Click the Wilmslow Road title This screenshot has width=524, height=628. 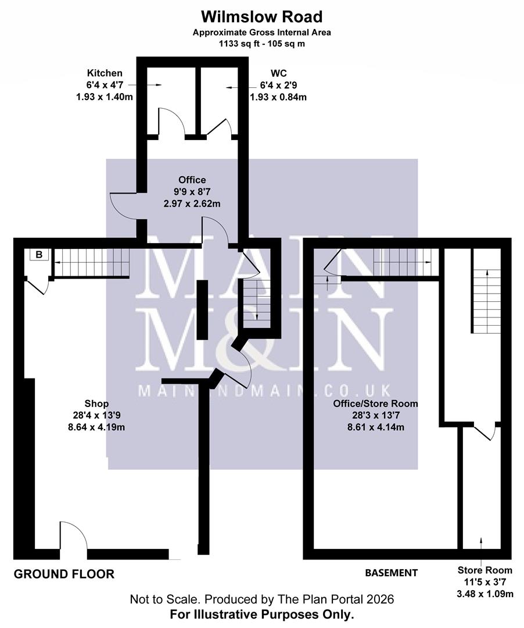click(261, 16)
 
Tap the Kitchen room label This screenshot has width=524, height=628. click(105, 73)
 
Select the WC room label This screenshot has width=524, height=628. click(278, 73)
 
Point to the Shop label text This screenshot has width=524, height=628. click(96, 404)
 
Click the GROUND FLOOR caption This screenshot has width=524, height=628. click(64, 575)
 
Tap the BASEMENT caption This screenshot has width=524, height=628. click(391, 573)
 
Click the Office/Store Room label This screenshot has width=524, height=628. click(375, 403)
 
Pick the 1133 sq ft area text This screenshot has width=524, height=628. click(261, 44)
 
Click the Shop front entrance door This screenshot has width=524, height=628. click(73, 535)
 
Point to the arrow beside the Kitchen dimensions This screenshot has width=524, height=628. click(153, 85)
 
